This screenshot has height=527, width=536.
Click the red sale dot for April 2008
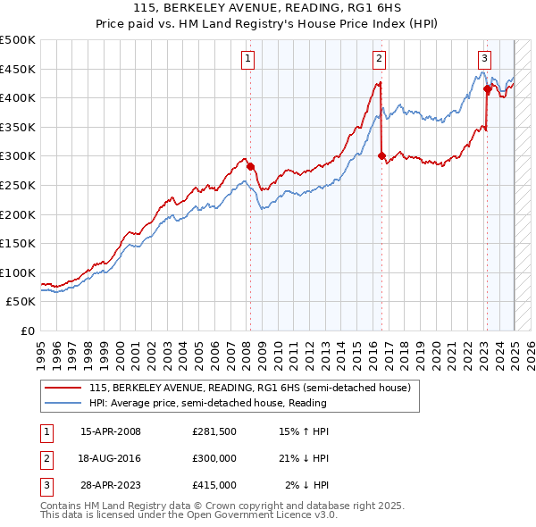[250, 166]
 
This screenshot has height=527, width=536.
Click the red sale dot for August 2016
[381, 155]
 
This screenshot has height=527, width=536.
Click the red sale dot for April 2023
[487, 88]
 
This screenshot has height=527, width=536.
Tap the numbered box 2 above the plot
[379, 60]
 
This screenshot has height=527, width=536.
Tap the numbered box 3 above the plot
[483, 60]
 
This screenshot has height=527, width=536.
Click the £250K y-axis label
[18, 185]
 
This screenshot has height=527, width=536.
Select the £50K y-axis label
[21, 302]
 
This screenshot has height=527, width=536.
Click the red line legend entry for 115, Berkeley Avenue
[249, 388]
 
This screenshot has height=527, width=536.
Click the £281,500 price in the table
[214, 431]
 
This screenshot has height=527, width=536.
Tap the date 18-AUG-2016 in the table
[111, 458]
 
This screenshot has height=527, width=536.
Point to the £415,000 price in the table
[214, 485]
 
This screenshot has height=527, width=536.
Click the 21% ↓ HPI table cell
[304, 458]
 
